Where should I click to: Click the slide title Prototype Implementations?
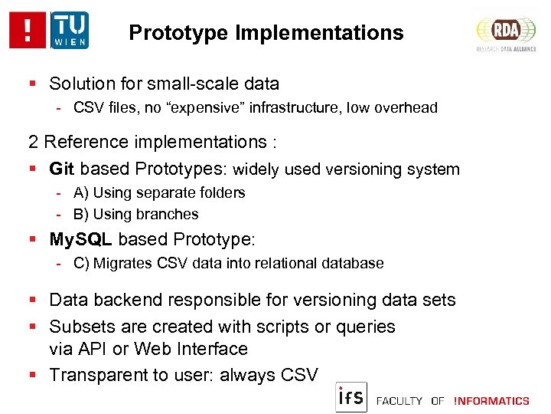[x=266, y=33]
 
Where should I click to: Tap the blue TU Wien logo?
[x=70, y=31]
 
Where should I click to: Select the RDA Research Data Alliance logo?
[x=506, y=31]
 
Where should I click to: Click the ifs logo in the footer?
[x=351, y=397]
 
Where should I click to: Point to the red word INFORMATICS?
[x=491, y=400]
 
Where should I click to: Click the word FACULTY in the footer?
[x=398, y=400]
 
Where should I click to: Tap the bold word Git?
[x=62, y=169]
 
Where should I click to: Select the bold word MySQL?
[x=80, y=239]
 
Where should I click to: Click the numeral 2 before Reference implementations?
[x=33, y=142]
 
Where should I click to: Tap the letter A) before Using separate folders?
[x=81, y=192]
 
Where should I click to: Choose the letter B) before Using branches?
[x=81, y=214]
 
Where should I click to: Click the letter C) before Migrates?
[x=82, y=263]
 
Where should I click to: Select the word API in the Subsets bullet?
[x=95, y=349]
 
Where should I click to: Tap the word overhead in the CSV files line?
[x=406, y=108]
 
